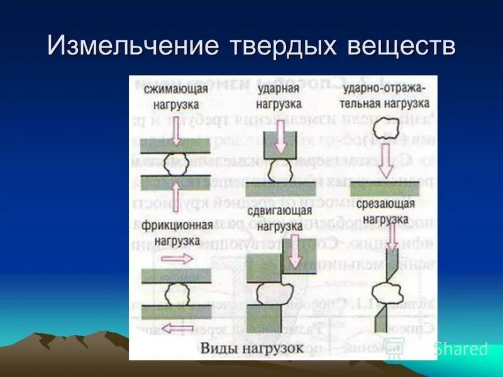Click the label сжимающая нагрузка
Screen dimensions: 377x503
tap(175, 97)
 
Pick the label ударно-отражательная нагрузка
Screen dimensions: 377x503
tap(385, 96)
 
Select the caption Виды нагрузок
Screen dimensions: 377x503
tap(251, 347)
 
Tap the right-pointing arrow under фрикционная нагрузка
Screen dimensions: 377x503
tap(175, 258)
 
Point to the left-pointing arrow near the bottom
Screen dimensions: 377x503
tap(175, 327)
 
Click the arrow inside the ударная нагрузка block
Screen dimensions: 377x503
tap(280, 141)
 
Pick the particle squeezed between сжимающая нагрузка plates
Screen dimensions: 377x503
tap(176, 165)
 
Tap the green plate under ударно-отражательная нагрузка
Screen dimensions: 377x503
tap(385, 189)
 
